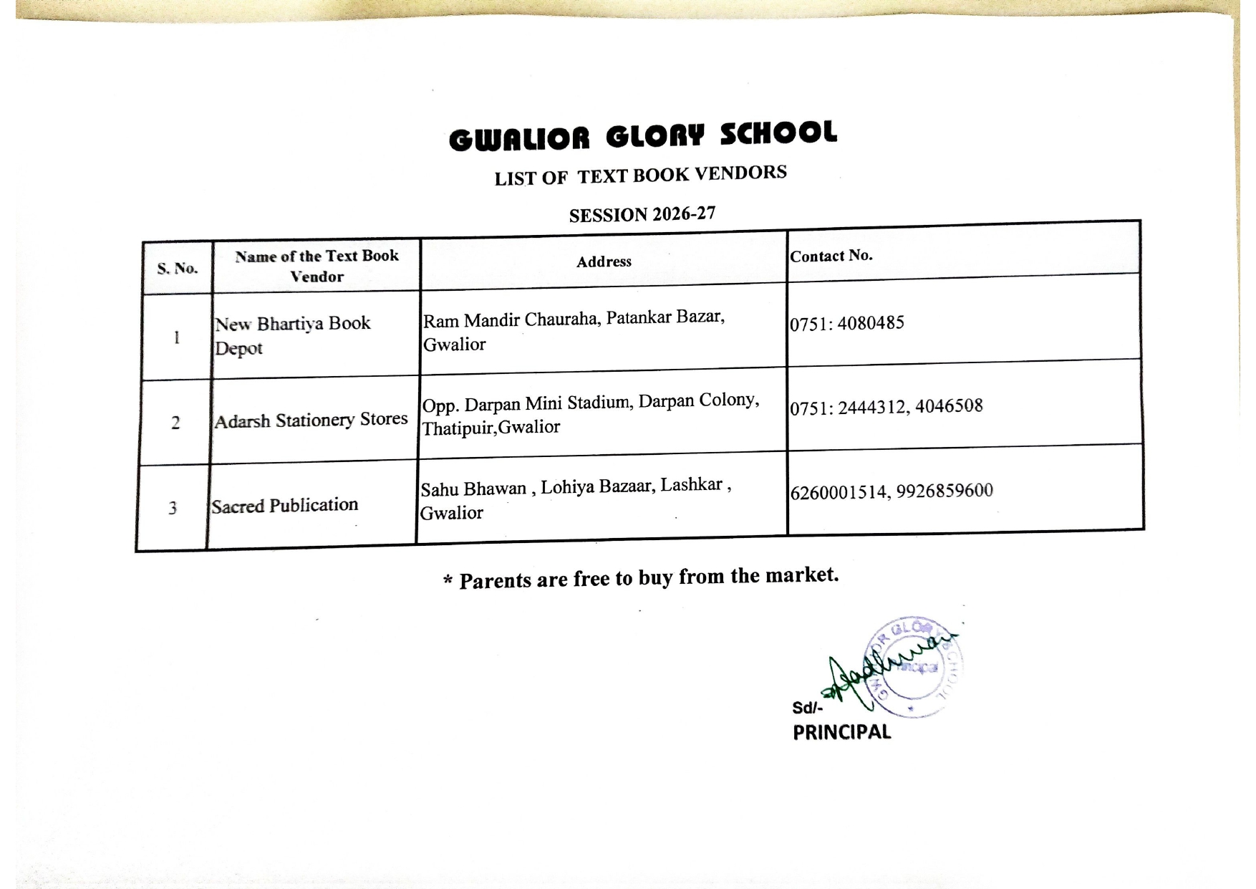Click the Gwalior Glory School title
642,135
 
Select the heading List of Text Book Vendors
640,176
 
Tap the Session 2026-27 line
642,214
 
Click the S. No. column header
178,269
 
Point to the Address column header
604,261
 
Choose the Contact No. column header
831,256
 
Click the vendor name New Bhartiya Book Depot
292,335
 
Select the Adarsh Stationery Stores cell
311,420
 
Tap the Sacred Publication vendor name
284,506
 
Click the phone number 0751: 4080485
847,323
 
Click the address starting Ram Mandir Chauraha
573,330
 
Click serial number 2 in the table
175,423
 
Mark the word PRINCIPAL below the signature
841,732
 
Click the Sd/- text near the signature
807,708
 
